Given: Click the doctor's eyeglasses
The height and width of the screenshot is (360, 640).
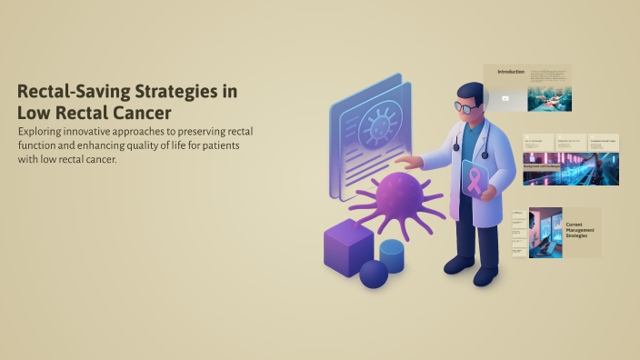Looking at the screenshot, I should pos(465,107).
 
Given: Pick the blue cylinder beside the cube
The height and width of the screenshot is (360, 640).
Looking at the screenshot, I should pos(392,255).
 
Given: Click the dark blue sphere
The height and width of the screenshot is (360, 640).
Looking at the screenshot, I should pos(374,274).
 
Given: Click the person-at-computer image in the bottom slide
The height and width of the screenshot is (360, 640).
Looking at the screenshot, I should pos(545,235).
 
